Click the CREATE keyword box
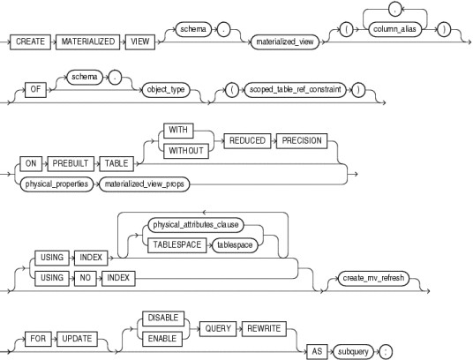(x=30, y=41)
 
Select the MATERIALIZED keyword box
(x=87, y=41)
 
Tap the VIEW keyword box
(x=140, y=41)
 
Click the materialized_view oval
(x=285, y=41)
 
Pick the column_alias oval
(x=394, y=29)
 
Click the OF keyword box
(x=35, y=89)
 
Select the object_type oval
(x=166, y=89)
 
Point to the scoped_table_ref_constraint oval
(x=296, y=89)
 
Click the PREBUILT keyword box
(x=71, y=164)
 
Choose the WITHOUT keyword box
(x=186, y=151)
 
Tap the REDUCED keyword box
(x=247, y=141)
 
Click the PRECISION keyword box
(x=302, y=141)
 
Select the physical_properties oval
(x=56, y=184)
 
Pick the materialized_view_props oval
(x=144, y=184)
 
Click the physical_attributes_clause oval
(x=196, y=225)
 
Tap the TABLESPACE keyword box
(x=177, y=244)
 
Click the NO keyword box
(x=86, y=278)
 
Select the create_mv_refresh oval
(x=373, y=278)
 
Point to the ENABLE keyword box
(x=162, y=339)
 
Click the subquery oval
(x=353, y=352)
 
